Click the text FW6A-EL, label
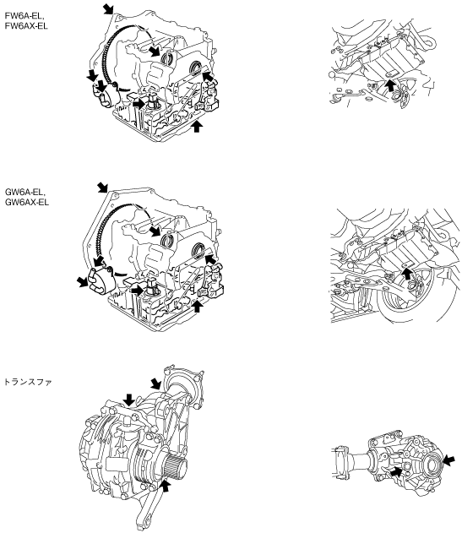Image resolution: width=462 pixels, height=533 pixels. (x=24, y=16)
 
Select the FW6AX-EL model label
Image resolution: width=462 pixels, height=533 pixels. (x=26, y=26)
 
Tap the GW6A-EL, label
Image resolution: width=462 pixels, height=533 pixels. (x=24, y=192)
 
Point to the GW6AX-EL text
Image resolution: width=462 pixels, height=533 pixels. (x=26, y=202)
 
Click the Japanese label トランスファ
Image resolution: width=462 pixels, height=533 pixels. (x=28, y=382)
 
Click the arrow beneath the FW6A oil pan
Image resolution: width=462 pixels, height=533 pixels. (x=197, y=127)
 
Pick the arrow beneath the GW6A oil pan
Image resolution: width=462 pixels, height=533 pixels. (x=197, y=306)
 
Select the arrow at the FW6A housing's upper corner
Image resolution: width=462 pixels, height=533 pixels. (x=109, y=8)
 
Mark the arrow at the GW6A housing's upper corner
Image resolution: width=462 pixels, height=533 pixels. (x=102, y=188)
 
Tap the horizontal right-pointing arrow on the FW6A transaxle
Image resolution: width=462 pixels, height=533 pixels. (x=139, y=104)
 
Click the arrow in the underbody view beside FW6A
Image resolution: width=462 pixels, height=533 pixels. (x=391, y=85)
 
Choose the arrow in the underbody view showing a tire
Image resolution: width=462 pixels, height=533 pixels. (x=406, y=274)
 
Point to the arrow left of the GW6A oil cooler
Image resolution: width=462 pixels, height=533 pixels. (x=82, y=281)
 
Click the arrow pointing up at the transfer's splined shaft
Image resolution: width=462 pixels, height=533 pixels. (x=166, y=486)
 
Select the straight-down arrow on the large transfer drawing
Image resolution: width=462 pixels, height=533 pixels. (x=129, y=400)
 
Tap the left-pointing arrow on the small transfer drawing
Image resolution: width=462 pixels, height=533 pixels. (x=448, y=461)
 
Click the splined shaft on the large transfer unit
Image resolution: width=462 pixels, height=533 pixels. (x=176, y=467)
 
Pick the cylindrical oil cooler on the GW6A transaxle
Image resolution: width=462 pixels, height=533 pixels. (x=100, y=280)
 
